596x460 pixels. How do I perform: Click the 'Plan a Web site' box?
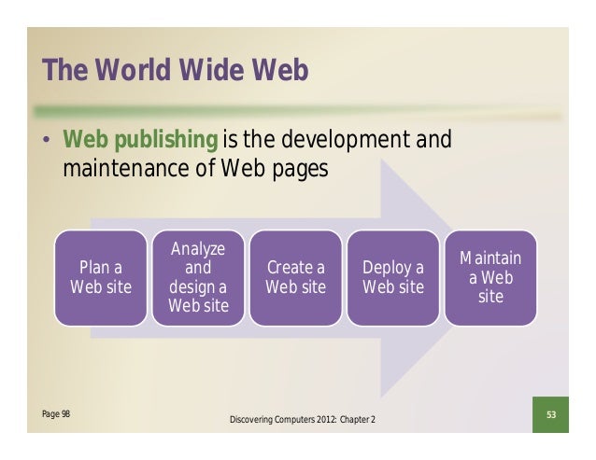(101, 277)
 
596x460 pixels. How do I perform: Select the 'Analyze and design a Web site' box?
(198, 277)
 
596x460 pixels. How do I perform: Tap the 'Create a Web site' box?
(295, 277)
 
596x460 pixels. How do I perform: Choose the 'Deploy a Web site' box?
(393, 277)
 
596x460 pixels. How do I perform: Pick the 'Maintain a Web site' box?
(490, 277)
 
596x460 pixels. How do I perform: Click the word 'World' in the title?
(132, 71)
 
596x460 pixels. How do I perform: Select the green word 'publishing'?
(166, 141)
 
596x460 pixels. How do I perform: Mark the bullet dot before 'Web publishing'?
(45, 143)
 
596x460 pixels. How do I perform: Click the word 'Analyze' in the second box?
(198, 249)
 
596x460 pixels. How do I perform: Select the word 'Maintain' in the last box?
(490, 258)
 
